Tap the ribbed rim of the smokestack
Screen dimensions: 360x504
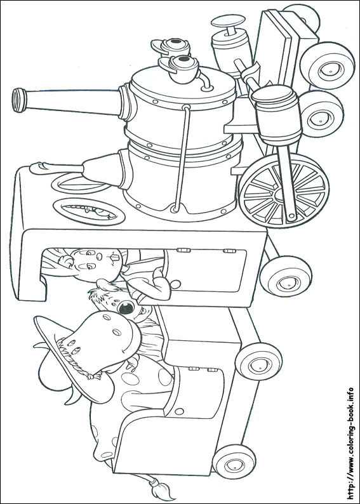[x=19, y=100]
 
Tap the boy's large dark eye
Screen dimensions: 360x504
[x=126, y=308]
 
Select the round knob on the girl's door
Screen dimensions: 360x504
[x=175, y=284]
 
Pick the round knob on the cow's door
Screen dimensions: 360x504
[x=179, y=411]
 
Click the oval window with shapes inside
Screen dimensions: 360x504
[x=89, y=211]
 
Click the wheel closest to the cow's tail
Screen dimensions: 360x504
[x=234, y=461]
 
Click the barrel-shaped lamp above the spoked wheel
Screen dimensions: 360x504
[x=277, y=114]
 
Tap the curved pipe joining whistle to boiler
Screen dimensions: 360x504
[x=205, y=81]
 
